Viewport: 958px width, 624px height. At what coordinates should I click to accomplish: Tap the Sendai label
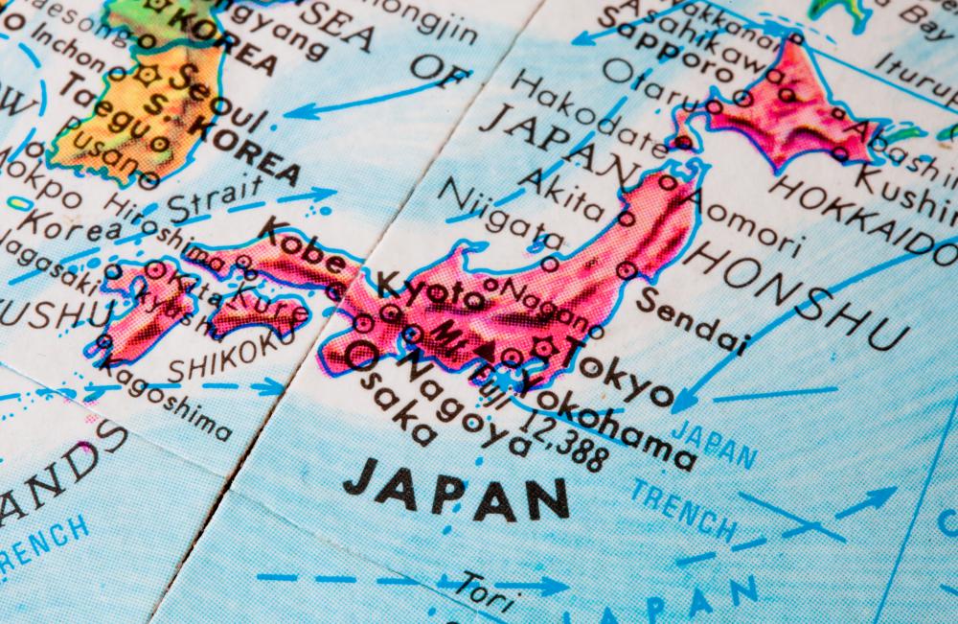pyautogui.click(x=692, y=315)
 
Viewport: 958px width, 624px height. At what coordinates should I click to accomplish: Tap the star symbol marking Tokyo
pyautogui.click(x=548, y=347)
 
